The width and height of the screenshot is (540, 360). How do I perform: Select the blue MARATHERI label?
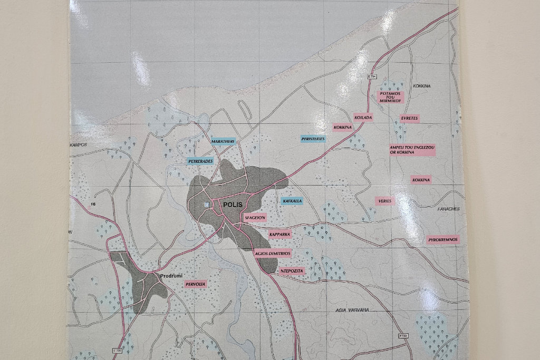click(222, 141)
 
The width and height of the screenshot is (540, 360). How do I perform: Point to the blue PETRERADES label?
click(200, 161)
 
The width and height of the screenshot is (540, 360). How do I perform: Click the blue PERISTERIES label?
click(313, 139)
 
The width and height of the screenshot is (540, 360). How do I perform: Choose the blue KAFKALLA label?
click(292, 201)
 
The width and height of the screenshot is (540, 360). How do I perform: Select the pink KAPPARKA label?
click(279, 234)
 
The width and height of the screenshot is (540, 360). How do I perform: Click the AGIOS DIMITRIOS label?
click(273, 253)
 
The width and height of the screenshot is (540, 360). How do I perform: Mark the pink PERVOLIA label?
click(195, 284)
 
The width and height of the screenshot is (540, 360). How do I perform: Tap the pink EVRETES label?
click(409, 118)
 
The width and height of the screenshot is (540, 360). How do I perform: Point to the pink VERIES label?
click(384, 201)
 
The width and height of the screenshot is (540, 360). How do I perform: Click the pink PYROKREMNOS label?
click(443, 239)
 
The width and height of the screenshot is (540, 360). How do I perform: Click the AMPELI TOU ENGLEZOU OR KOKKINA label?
click(412, 150)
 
